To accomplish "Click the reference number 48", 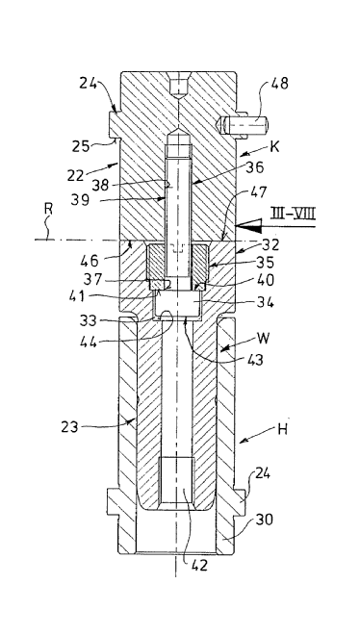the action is tap(280, 83).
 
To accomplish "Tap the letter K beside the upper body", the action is tap(274, 146).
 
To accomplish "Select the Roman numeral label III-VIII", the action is tap(294, 213).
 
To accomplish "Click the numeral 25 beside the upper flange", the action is tap(82, 145).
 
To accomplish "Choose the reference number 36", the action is tap(255, 166).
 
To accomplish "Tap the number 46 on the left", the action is tap(90, 260).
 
